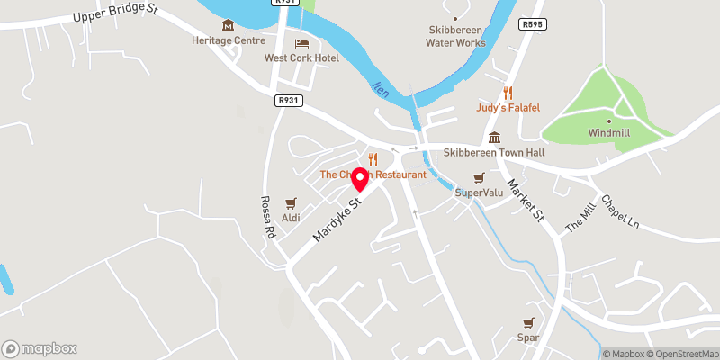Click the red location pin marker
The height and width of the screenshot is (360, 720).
(x=361, y=178)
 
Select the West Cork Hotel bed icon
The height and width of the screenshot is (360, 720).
(x=301, y=43)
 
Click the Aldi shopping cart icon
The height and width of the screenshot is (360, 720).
(x=291, y=203)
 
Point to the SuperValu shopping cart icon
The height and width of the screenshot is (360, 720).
(x=479, y=178)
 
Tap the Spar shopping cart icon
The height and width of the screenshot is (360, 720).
(x=528, y=323)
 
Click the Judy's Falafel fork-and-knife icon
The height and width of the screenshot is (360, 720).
(x=508, y=93)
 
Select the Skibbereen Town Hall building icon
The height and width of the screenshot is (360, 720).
(x=494, y=138)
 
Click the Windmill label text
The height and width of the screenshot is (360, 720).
(x=608, y=132)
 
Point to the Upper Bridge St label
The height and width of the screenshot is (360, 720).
(x=115, y=13)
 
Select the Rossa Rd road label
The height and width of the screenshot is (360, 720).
(x=267, y=217)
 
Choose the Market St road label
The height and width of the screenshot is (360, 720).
(x=526, y=200)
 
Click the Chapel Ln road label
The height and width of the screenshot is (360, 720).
(x=619, y=211)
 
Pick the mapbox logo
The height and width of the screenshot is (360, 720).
(x=39, y=348)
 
